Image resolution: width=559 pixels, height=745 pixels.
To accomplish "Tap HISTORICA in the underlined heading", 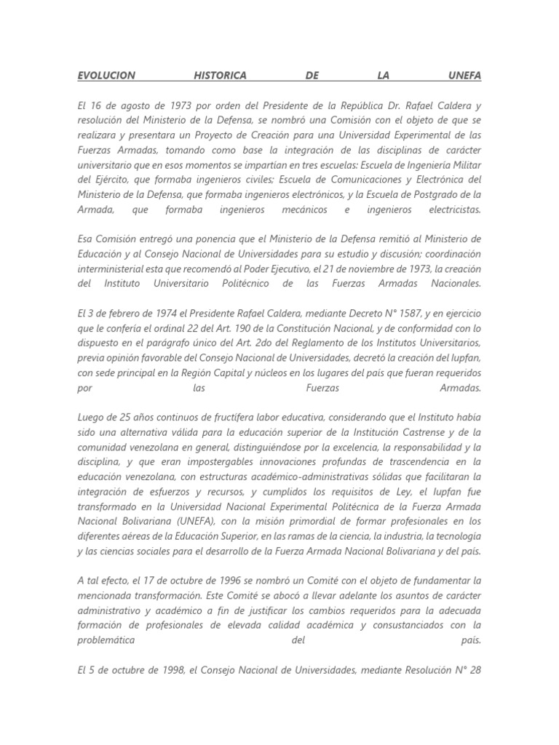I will [221, 75].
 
